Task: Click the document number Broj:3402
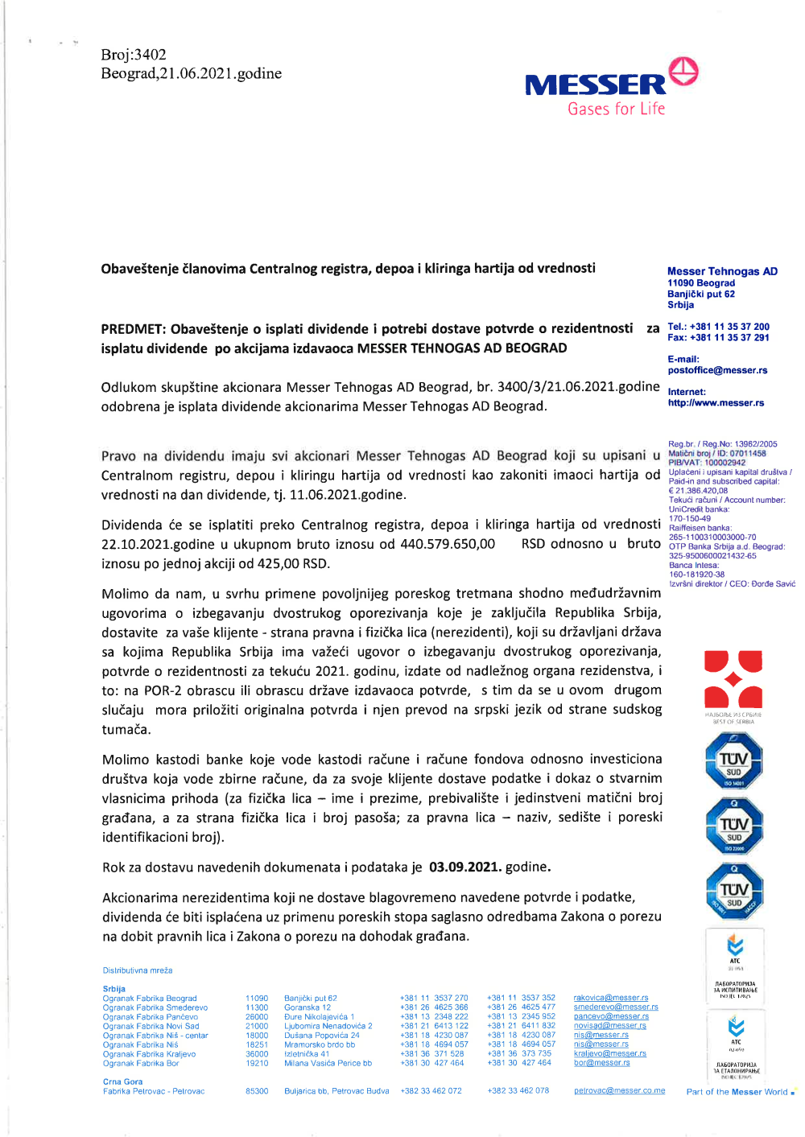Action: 134,55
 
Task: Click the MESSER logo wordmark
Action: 595,84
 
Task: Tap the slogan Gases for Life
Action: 616,109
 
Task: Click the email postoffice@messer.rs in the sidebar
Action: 717,370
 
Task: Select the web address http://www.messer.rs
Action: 716,402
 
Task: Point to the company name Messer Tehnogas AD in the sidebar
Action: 722,271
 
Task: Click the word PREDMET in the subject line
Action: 133,328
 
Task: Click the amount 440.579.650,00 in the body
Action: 448,544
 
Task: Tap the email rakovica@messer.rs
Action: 610,998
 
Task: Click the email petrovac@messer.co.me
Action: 619,1091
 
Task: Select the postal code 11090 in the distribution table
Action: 257,998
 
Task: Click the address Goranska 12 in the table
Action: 308,1007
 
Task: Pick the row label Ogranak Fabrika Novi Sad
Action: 151,1026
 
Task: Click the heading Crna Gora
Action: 122,1081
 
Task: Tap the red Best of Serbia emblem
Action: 733,680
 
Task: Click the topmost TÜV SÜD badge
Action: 733,760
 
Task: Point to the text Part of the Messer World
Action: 737,1092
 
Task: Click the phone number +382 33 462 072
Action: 431,1091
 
